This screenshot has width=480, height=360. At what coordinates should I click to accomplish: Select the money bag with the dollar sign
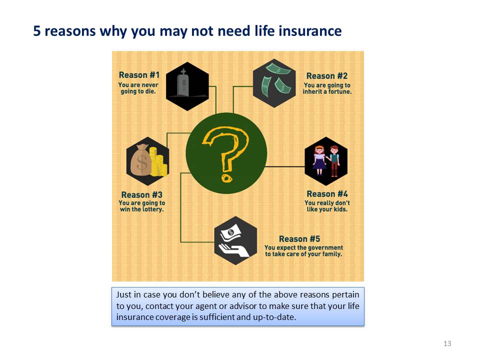click(x=141, y=160)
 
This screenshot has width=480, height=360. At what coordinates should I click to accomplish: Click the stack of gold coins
click(x=158, y=162)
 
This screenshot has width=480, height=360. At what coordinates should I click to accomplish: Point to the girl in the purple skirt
click(x=320, y=160)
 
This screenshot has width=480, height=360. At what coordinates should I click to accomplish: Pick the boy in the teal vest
click(x=334, y=161)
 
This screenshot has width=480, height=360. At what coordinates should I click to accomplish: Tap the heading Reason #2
click(x=327, y=76)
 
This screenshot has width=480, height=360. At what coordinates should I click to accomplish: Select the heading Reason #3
click(x=141, y=194)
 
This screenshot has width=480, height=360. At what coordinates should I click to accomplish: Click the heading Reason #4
click(x=327, y=194)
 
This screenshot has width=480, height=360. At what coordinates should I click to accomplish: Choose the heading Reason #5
click(x=299, y=239)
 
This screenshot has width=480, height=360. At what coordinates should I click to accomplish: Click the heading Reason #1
click(x=139, y=75)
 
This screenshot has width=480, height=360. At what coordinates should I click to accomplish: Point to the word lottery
click(x=153, y=209)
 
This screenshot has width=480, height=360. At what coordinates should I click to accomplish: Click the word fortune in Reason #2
click(x=340, y=91)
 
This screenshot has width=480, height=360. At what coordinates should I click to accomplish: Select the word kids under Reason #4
click(x=340, y=209)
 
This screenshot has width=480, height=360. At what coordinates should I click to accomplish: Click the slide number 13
click(x=447, y=343)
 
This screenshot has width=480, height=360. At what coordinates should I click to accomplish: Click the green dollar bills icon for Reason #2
click(x=274, y=79)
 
